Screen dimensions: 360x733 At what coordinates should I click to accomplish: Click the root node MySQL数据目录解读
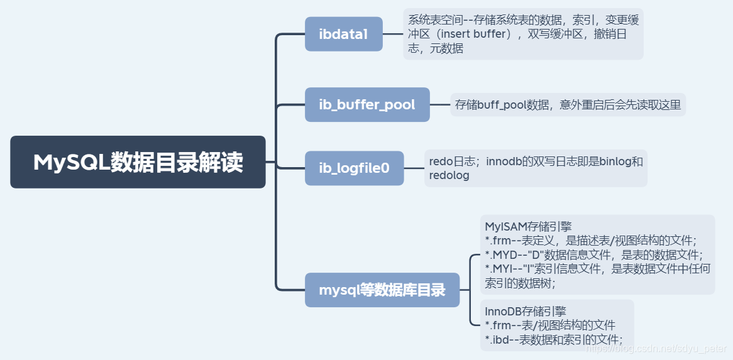tap(138, 162)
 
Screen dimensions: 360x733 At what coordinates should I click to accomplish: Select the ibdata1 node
tap(343, 34)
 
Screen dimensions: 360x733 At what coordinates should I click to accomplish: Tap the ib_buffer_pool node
tap(367, 104)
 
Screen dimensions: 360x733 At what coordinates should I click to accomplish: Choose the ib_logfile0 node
tap(354, 168)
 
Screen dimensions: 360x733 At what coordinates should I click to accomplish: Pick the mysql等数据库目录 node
tap(382, 290)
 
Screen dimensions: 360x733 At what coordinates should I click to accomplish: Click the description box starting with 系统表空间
tap(523, 34)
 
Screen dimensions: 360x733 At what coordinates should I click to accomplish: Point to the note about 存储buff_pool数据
tap(568, 104)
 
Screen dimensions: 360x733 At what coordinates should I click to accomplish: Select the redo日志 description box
tap(536, 168)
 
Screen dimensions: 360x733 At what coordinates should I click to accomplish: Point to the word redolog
tap(449, 176)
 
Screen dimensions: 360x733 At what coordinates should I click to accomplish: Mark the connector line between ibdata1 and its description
tap(393, 34)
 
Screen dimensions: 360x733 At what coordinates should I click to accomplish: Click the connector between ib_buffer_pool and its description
tap(440, 104)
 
